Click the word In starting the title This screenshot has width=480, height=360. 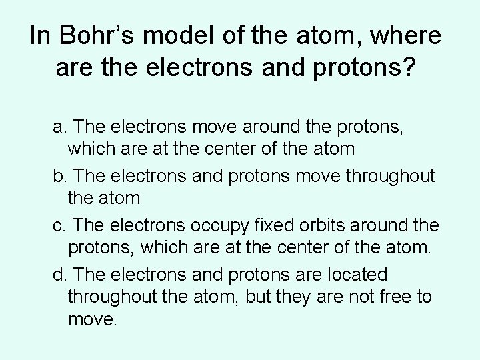tap(40, 38)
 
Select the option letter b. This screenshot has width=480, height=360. tap(59, 176)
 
